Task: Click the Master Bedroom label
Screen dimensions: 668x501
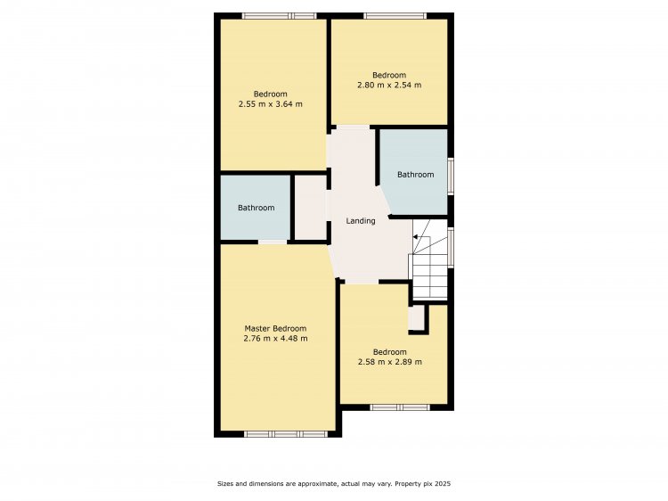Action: click(x=275, y=328)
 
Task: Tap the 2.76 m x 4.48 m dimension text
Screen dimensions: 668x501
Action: click(x=275, y=339)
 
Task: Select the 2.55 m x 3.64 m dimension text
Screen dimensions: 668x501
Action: click(x=271, y=104)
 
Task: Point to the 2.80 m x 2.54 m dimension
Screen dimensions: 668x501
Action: click(x=389, y=85)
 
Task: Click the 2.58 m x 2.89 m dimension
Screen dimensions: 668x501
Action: click(x=390, y=362)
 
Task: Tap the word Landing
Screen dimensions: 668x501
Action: click(x=361, y=221)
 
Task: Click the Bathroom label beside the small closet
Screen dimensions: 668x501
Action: click(x=256, y=208)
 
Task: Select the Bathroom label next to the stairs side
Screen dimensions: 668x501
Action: click(x=415, y=175)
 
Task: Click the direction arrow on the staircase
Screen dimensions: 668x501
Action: click(x=415, y=236)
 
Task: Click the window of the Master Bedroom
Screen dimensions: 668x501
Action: click(x=286, y=434)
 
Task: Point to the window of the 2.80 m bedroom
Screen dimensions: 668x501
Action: click(x=395, y=16)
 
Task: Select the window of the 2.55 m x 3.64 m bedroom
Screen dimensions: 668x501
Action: click(x=280, y=16)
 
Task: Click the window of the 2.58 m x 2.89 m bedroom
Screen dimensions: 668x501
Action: click(x=400, y=407)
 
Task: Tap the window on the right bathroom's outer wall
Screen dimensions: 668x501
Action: click(x=451, y=177)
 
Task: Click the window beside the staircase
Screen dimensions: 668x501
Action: click(x=451, y=248)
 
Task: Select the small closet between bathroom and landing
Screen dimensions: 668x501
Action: click(x=311, y=207)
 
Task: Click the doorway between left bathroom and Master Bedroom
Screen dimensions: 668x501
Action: click(x=273, y=242)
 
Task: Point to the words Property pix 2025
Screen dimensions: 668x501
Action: click(x=422, y=483)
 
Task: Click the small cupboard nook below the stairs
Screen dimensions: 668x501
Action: click(x=416, y=317)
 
